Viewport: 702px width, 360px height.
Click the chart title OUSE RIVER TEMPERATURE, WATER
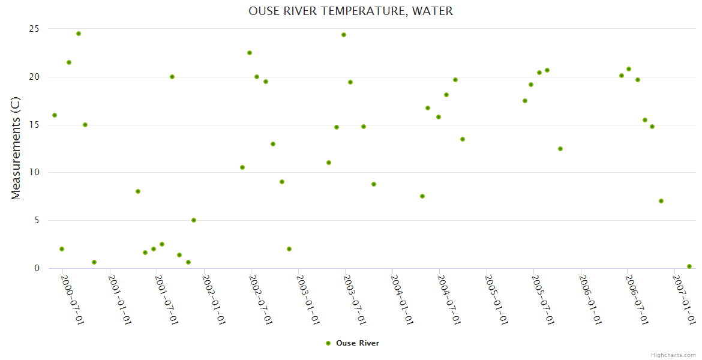click(x=350, y=11)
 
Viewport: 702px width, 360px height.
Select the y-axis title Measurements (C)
click(x=16, y=148)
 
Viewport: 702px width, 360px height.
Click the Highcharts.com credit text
click(x=673, y=355)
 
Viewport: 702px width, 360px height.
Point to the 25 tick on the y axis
click(x=34, y=29)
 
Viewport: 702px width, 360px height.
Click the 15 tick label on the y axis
click(x=34, y=125)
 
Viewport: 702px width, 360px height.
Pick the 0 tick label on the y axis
click(x=37, y=268)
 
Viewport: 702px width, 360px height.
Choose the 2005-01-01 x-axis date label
click(x=496, y=299)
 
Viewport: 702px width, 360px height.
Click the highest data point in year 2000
click(x=79, y=34)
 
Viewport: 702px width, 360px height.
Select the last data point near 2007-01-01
click(x=689, y=266)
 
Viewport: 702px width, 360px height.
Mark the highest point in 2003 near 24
click(x=344, y=35)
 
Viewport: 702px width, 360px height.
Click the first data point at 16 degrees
click(x=55, y=115)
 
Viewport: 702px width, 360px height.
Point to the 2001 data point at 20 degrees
click(x=172, y=77)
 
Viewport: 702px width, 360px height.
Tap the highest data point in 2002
click(x=250, y=53)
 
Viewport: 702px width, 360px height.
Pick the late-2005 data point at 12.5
click(x=560, y=149)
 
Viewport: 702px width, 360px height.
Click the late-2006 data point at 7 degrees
click(x=661, y=201)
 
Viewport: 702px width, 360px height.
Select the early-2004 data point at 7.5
click(x=422, y=196)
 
